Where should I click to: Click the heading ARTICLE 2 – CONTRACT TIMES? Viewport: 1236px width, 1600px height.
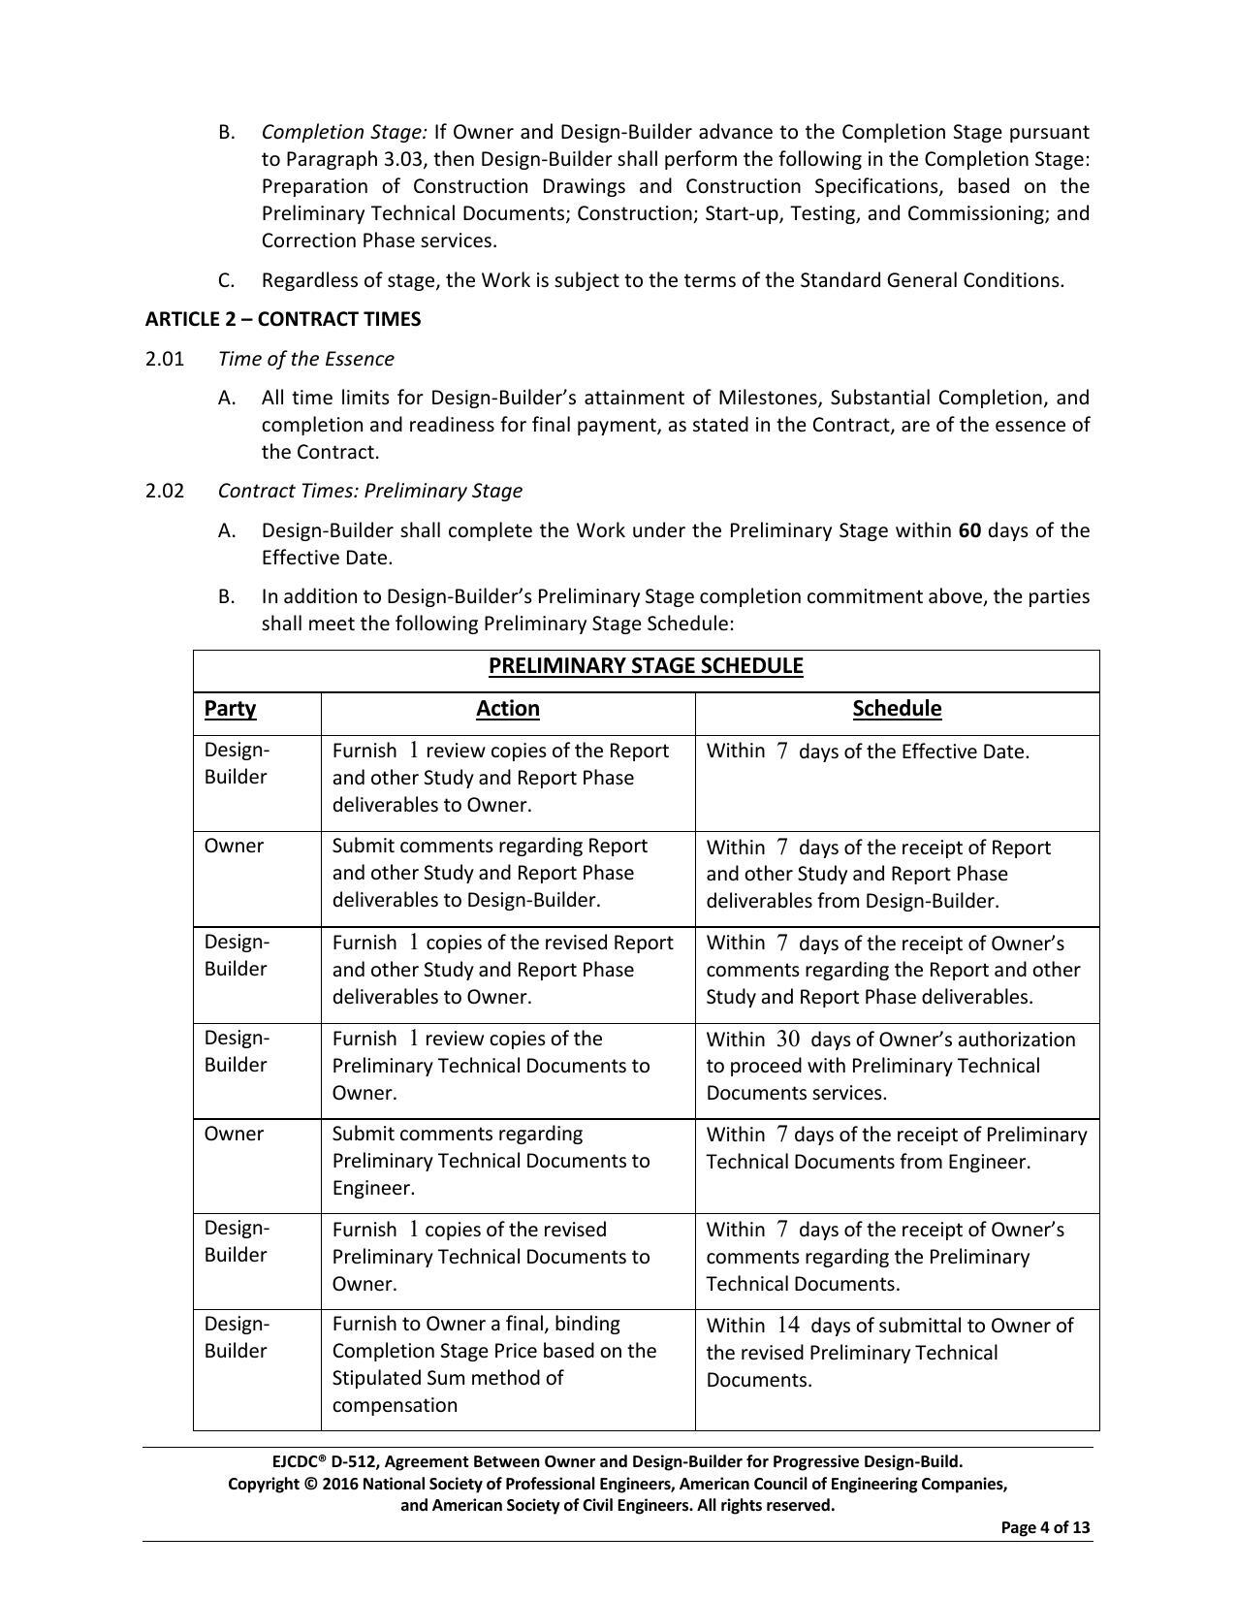(283, 319)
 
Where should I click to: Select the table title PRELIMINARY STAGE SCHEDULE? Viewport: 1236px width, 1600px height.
(646, 666)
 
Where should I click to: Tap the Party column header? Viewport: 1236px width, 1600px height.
(230, 709)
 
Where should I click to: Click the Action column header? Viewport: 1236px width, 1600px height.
(507, 709)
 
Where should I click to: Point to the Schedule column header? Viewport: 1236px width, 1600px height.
(897, 709)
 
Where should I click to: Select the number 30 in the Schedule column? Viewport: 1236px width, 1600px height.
(788, 1040)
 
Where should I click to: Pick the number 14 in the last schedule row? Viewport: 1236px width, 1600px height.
(788, 1326)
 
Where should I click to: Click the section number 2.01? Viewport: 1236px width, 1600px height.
(165, 359)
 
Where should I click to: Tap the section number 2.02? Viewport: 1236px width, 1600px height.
(165, 491)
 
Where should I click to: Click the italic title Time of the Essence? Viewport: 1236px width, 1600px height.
(306, 359)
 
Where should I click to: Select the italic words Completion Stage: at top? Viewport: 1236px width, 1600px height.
(344, 132)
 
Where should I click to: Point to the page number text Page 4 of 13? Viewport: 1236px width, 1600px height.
(1045, 1528)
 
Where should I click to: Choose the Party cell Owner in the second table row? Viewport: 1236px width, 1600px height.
(234, 847)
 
